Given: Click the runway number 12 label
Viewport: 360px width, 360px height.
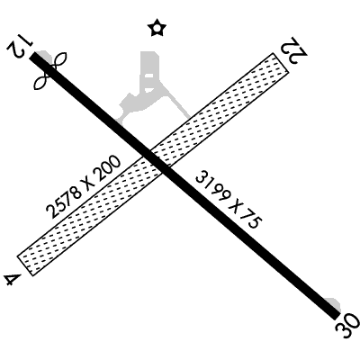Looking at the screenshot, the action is [x=19, y=44].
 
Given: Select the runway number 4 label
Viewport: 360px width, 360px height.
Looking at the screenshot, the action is [x=13, y=280].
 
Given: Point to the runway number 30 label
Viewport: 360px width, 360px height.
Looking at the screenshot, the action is [x=347, y=325].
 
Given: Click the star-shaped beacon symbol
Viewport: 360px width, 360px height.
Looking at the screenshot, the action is [x=157, y=28].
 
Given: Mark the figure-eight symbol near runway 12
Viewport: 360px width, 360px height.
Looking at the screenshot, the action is [x=50, y=71].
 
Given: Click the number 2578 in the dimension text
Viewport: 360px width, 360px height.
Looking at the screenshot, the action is [x=64, y=202].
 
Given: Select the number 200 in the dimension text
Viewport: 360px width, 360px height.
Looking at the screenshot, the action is [x=105, y=169].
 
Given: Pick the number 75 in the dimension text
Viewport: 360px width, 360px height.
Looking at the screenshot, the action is [x=251, y=221].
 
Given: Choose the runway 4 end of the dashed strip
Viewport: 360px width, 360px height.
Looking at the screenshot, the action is [x=25, y=265].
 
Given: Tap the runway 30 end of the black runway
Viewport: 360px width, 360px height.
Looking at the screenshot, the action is [x=337, y=317].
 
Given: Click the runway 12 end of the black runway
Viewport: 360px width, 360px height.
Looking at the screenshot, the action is [x=32, y=55].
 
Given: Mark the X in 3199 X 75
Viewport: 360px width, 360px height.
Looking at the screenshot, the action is [x=235, y=207].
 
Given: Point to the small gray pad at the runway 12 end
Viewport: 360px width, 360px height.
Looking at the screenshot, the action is [x=45, y=56].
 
